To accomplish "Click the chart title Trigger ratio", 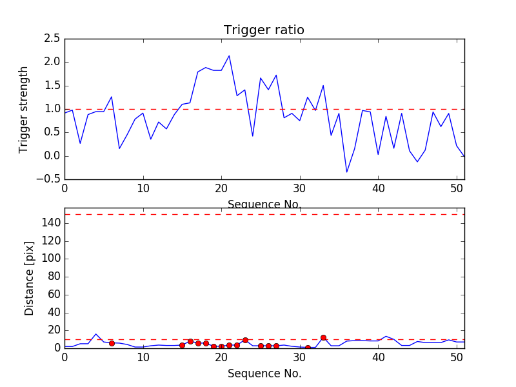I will [x=264, y=30].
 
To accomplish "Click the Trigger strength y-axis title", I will [x=24, y=109].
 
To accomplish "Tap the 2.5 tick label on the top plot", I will [x=52, y=39].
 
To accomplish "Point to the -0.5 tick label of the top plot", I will [x=49, y=179].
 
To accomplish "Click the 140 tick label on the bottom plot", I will [x=51, y=223].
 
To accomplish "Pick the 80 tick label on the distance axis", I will [x=54, y=277].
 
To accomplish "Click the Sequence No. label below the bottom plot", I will [x=264, y=373].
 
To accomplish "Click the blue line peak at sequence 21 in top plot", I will [x=229, y=56].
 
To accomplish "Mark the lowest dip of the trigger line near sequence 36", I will [x=346, y=172].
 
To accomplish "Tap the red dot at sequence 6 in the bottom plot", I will [x=112, y=344].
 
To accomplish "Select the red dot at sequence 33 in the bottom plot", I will [x=323, y=337].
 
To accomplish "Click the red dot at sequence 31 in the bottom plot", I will [x=308, y=348].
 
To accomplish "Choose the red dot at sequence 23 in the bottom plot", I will [x=245, y=340].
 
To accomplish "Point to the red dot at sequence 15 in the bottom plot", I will [x=182, y=345].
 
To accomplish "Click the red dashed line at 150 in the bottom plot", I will [x=264, y=214].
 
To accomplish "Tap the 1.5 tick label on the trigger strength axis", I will [x=52, y=86].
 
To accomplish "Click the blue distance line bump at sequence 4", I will [x=96, y=334].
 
